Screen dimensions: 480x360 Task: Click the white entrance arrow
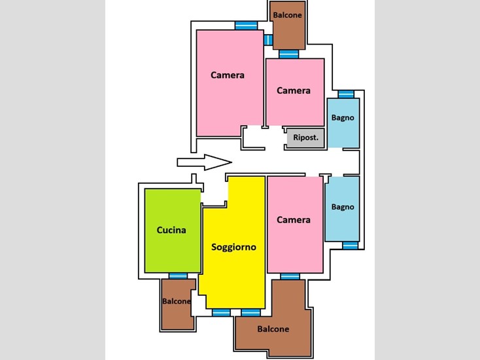204,162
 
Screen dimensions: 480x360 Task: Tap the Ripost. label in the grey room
305,137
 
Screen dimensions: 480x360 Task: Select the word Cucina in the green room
171,230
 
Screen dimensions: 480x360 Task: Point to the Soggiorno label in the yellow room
233,247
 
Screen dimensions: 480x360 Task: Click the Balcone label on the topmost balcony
287,15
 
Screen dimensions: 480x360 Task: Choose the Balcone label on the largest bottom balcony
273,329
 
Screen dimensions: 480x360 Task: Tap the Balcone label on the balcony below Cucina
177,302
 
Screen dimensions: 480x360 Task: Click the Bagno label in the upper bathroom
343,118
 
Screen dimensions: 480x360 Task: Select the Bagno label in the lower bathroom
343,207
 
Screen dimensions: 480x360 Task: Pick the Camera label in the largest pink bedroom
228,75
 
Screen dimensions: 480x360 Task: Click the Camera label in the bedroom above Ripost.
293,90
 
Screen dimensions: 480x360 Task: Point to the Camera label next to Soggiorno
293,220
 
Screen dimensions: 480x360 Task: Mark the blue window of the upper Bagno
346,94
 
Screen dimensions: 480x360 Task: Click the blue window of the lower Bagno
350,245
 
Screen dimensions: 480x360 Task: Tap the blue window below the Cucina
178,276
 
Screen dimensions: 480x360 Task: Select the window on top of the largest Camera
246,26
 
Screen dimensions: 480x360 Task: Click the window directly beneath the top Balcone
288,54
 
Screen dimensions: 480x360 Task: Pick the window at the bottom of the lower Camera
290,276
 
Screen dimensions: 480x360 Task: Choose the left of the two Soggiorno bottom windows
221,312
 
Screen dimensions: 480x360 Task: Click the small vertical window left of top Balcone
268,40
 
